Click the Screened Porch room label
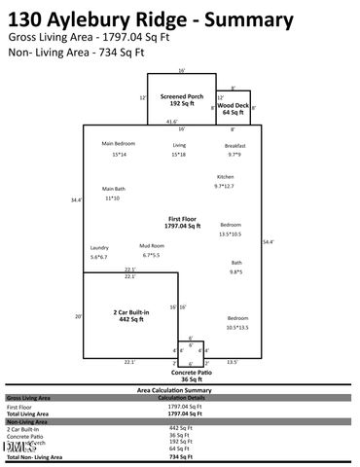click(x=181, y=97)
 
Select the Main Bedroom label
click(x=119, y=144)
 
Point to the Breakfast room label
click(x=234, y=145)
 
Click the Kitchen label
click(x=225, y=176)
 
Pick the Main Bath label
click(x=113, y=189)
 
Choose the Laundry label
click(x=98, y=248)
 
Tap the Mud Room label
click(x=151, y=246)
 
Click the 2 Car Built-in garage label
click(x=129, y=313)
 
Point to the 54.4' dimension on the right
click(x=269, y=241)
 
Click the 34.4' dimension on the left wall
click(x=76, y=200)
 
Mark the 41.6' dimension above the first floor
click(x=172, y=122)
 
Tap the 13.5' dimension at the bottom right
click(x=232, y=362)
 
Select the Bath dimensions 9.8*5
click(x=235, y=272)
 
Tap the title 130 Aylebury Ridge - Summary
click(x=150, y=18)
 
